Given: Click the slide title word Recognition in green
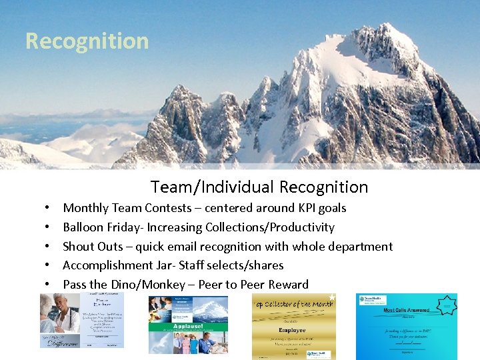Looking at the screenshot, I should tap(87, 41).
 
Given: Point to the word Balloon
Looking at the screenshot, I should tap(84, 227).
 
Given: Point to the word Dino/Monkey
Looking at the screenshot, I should tap(147, 285).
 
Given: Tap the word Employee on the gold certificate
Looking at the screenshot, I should tap(292, 329).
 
